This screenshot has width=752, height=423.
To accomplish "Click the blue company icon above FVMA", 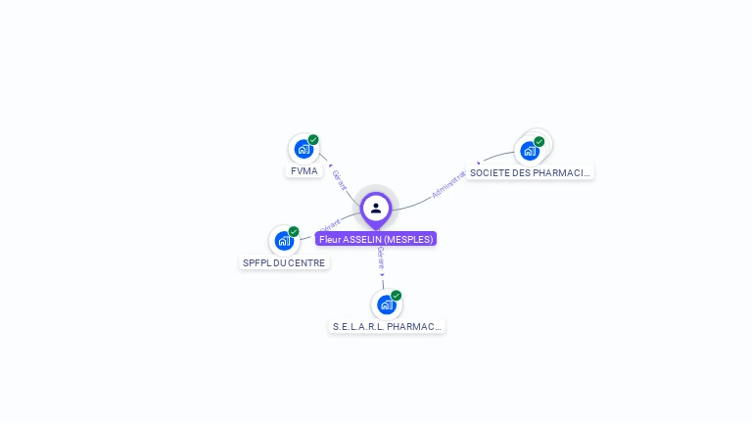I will pyautogui.click(x=304, y=150).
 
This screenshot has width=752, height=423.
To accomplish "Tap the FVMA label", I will pyautogui.click(x=305, y=171).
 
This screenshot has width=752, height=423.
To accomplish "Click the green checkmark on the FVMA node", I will pyautogui.click(x=313, y=140).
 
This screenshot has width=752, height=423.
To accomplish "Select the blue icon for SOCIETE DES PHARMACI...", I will pyautogui.click(x=530, y=151).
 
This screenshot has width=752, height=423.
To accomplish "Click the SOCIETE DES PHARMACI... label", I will pyautogui.click(x=530, y=173).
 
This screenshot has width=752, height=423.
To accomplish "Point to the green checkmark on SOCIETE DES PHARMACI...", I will pyautogui.click(x=540, y=141).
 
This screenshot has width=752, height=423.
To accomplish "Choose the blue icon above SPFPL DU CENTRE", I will pyautogui.click(x=284, y=241).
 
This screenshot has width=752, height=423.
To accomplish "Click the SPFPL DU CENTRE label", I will pyautogui.click(x=284, y=262).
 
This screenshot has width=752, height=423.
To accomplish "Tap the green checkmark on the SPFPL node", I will pyautogui.click(x=294, y=232).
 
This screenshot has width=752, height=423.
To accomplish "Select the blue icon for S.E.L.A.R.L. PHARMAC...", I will pyautogui.click(x=386, y=305).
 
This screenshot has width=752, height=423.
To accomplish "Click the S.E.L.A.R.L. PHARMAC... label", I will pyautogui.click(x=388, y=326).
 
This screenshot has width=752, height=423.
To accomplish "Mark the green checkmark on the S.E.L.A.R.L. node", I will pyautogui.click(x=397, y=295).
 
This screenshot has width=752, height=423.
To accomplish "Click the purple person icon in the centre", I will pyautogui.click(x=376, y=208).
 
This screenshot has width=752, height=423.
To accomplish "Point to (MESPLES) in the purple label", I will pyautogui.click(x=408, y=239).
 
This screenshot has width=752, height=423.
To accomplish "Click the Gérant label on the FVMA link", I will pyautogui.click(x=340, y=179).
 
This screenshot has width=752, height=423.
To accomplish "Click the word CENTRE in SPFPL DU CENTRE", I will pyautogui.click(x=306, y=262).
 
